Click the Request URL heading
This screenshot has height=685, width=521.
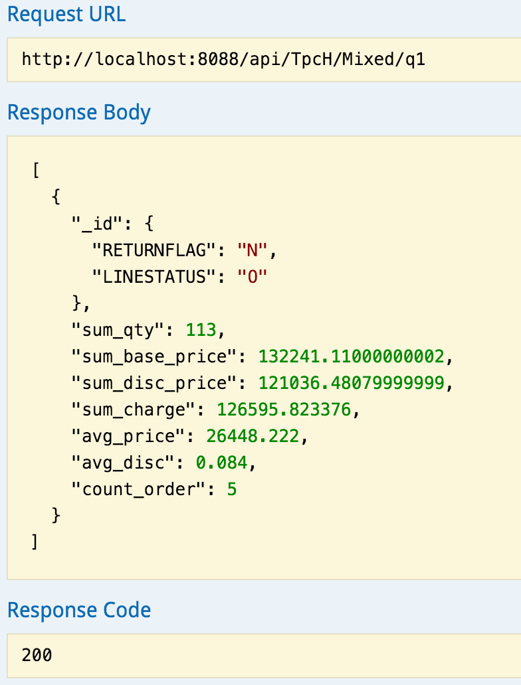(x=66, y=14)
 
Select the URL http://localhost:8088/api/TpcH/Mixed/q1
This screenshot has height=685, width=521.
(x=223, y=60)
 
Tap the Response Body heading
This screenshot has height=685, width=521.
(x=78, y=112)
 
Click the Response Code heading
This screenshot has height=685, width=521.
(x=78, y=609)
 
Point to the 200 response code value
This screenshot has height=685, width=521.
(x=37, y=655)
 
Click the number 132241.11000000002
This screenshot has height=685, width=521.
(x=351, y=356)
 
